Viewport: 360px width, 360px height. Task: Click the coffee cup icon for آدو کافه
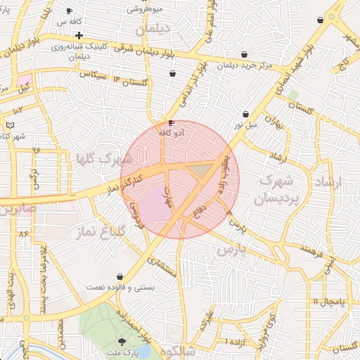pos(172,123)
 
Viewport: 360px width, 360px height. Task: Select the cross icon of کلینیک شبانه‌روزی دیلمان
pos(79,35)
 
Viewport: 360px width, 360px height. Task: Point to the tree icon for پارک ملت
pos(124,341)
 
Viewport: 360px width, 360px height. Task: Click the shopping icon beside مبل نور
pos(245,114)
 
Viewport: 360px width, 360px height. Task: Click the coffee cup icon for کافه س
pos(69,11)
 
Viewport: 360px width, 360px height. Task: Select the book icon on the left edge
pos(9,124)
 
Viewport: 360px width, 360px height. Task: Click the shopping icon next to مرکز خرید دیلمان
pos(244,54)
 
